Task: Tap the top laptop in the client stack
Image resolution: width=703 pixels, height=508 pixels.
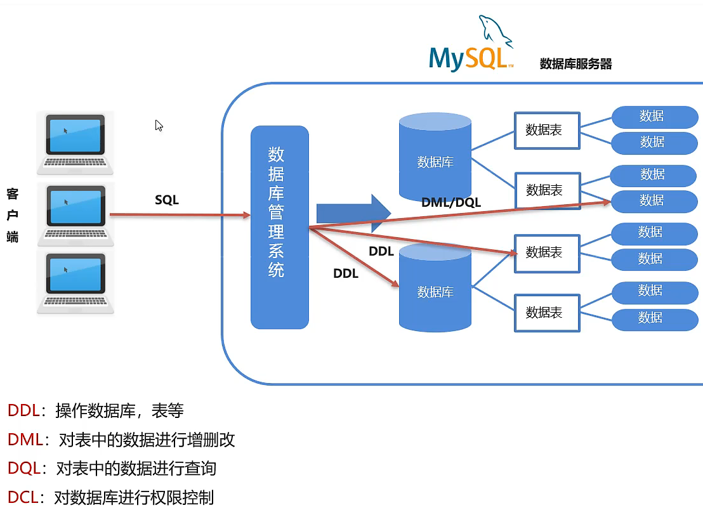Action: (75, 143)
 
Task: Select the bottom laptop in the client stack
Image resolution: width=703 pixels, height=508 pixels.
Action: (76, 283)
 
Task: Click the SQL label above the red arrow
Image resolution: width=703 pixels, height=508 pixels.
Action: (167, 200)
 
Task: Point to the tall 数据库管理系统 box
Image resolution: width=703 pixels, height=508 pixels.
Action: (280, 228)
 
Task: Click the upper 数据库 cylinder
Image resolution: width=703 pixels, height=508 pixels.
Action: (435, 157)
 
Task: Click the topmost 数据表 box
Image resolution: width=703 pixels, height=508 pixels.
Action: (547, 131)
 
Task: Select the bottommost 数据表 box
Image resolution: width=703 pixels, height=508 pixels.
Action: (547, 313)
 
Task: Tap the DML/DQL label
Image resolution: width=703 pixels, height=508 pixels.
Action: (451, 202)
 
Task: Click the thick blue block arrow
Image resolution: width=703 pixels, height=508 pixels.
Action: (354, 213)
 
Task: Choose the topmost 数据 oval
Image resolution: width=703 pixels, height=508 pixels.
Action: (655, 117)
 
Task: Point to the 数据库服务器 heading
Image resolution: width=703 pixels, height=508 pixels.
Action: (575, 63)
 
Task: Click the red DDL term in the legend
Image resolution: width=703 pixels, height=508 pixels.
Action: (23, 410)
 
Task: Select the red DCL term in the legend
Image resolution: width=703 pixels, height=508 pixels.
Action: (23, 497)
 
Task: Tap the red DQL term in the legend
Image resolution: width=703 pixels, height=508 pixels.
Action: (24, 468)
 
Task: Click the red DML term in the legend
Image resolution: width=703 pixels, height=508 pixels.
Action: (25, 440)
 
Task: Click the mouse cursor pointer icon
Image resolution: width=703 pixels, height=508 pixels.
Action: (159, 126)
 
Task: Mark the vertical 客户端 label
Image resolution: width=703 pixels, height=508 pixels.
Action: (13, 215)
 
